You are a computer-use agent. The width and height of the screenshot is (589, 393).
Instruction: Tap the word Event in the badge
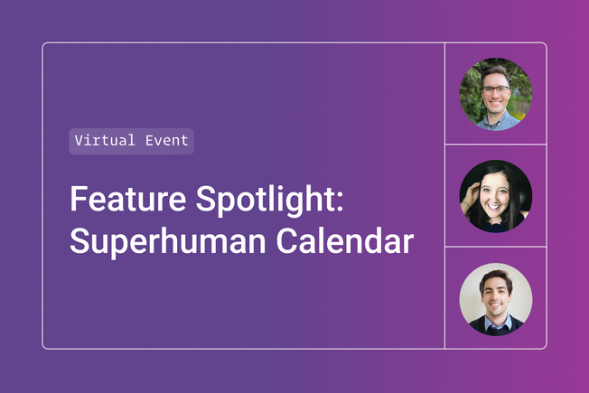tap(164, 141)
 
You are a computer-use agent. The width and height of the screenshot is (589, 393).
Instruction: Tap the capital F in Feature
tap(78, 200)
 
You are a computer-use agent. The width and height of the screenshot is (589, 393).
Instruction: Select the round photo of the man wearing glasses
tap(495, 94)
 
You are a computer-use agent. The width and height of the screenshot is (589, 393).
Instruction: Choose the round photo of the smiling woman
tap(495, 196)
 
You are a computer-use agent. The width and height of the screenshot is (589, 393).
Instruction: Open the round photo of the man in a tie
tap(495, 299)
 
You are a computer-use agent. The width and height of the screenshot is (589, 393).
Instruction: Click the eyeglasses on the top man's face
tap(494, 89)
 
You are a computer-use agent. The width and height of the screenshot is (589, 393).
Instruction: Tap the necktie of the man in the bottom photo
tap(495, 327)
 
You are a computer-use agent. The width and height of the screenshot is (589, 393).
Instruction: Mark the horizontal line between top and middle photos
tap(495, 145)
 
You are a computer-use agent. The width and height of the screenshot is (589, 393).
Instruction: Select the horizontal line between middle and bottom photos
tap(495, 247)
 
